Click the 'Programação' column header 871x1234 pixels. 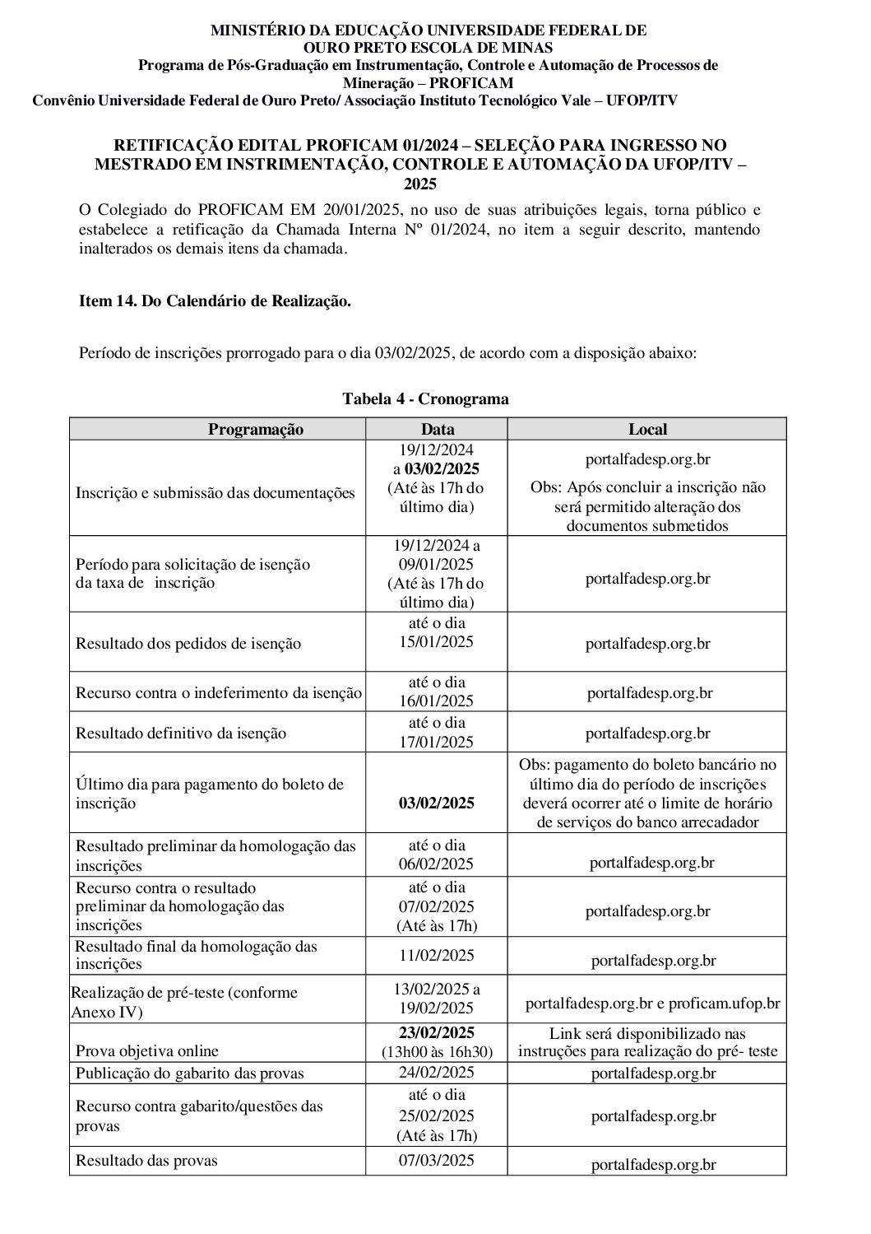coord(255,430)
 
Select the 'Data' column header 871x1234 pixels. coord(437,430)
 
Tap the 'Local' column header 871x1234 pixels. coord(647,430)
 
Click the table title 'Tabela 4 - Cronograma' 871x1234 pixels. coord(425,399)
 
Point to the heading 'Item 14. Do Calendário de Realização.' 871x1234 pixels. coord(215,302)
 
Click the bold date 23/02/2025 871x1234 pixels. coord(437,1033)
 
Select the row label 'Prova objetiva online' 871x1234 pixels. coord(147,1051)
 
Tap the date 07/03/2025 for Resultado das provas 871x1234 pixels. coord(437,1161)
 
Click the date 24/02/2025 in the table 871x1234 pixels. coord(437,1073)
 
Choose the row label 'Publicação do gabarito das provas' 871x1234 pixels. coord(190,1073)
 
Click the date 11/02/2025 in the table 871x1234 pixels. coord(437,956)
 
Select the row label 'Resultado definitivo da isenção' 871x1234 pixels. coord(181,733)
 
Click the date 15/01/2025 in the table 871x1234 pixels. coord(437,642)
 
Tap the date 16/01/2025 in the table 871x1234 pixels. coord(437,701)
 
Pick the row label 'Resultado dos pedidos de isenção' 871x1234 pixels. coord(188,644)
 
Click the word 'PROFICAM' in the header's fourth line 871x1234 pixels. coord(471,83)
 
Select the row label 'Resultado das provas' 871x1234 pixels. coord(146,1162)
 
